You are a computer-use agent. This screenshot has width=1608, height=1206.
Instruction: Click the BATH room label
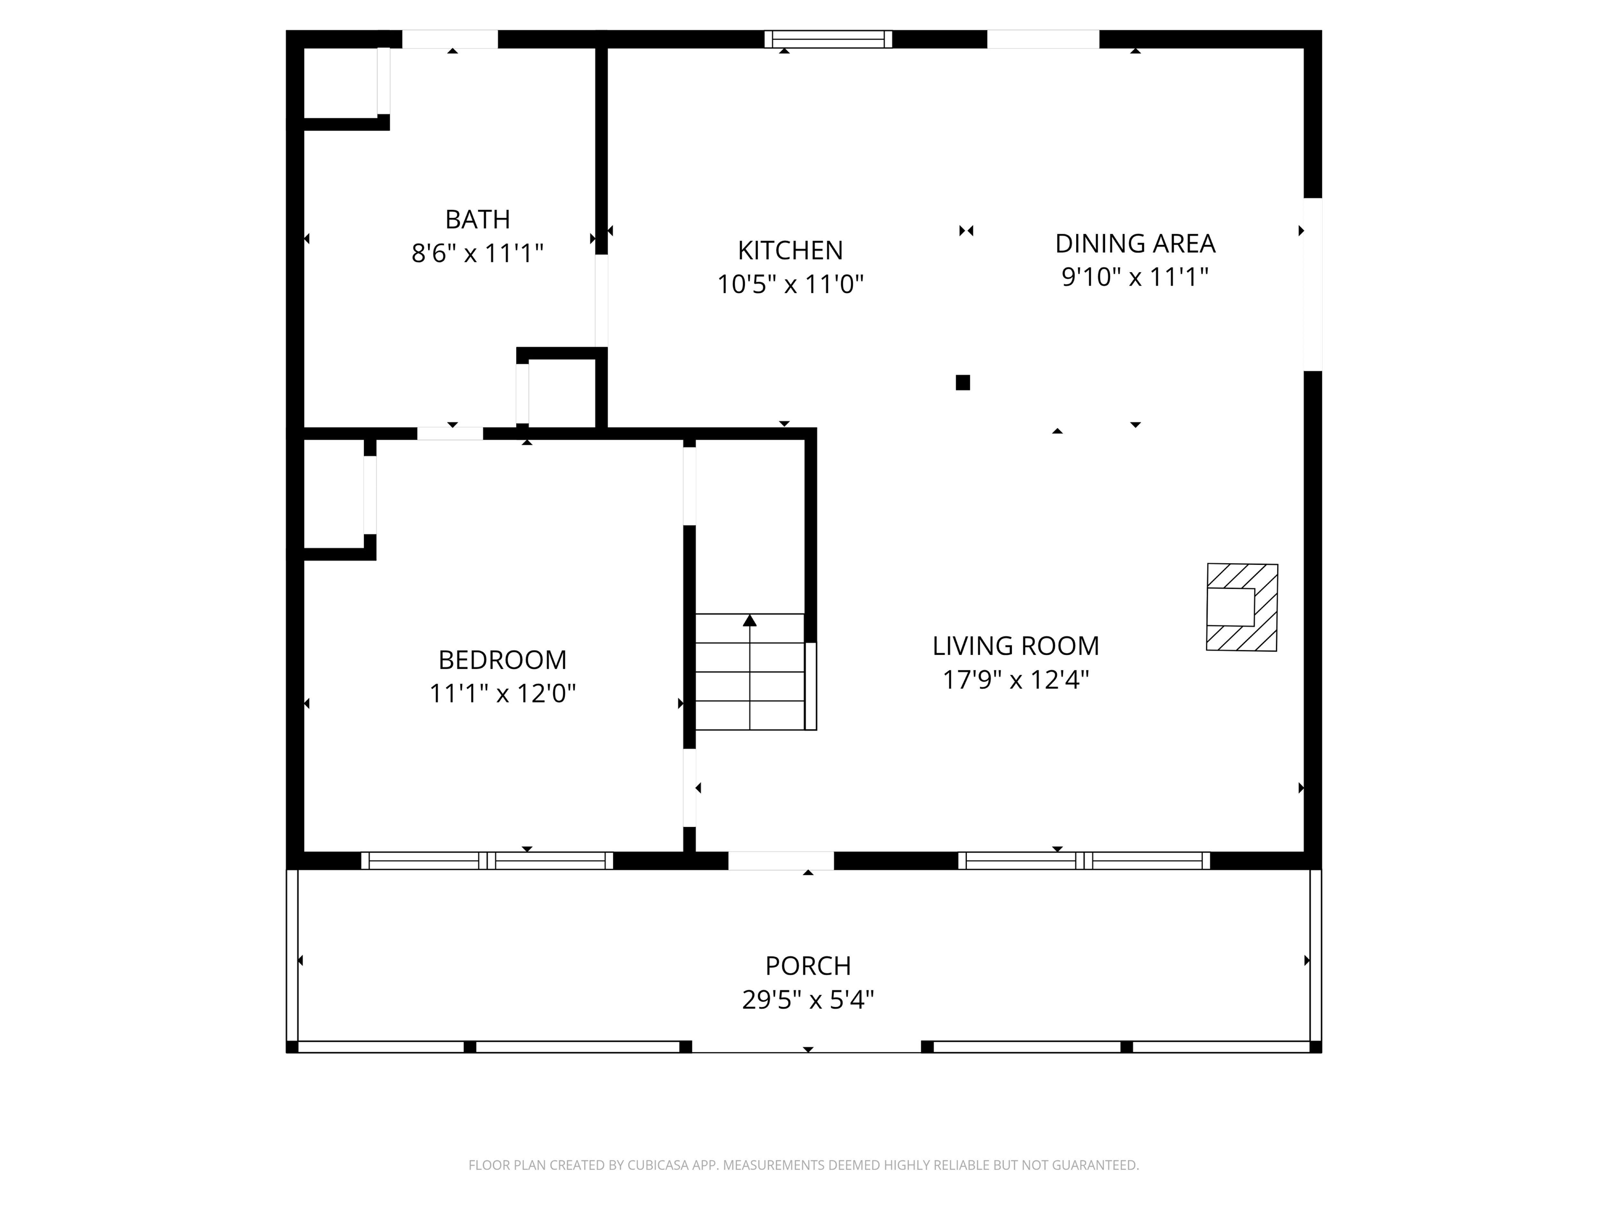pyautogui.click(x=477, y=219)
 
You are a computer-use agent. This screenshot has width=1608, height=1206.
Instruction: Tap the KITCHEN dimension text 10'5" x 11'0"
pyautogui.click(x=790, y=284)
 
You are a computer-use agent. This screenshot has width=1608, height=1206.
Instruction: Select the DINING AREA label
pyautogui.click(x=1135, y=243)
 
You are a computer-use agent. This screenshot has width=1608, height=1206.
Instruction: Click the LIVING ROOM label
pyautogui.click(x=1015, y=645)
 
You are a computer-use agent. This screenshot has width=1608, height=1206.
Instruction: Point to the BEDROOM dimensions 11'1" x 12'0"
pyautogui.click(x=502, y=694)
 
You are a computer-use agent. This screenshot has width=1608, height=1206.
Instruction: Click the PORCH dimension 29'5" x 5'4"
pyautogui.click(x=808, y=1000)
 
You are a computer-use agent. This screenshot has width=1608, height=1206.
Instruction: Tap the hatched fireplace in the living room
pyautogui.click(x=1242, y=607)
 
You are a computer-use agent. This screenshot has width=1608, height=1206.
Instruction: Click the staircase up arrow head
pyautogui.click(x=750, y=620)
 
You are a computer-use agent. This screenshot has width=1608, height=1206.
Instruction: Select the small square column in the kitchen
pyautogui.click(x=963, y=383)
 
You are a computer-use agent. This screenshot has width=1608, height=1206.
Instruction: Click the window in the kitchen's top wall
pyautogui.click(x=828, y=39)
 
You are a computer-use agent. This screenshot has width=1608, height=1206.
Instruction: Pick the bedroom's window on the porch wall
pyautogui.click(x=487, y=861)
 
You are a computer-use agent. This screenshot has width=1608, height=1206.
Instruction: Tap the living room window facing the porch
pyautogui.click(x=1084, y=861)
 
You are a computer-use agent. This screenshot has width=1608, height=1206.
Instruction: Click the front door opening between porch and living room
pyautogui.click(x=781, y=861)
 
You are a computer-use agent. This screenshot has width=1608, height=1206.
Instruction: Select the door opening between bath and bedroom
pyautogui.click(x=450, y=434)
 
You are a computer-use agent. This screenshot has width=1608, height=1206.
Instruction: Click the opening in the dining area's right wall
pyautogui.click(x=1312, y=284)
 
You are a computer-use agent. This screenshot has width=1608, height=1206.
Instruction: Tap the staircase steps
pyautogui.click(x=750, y=673)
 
